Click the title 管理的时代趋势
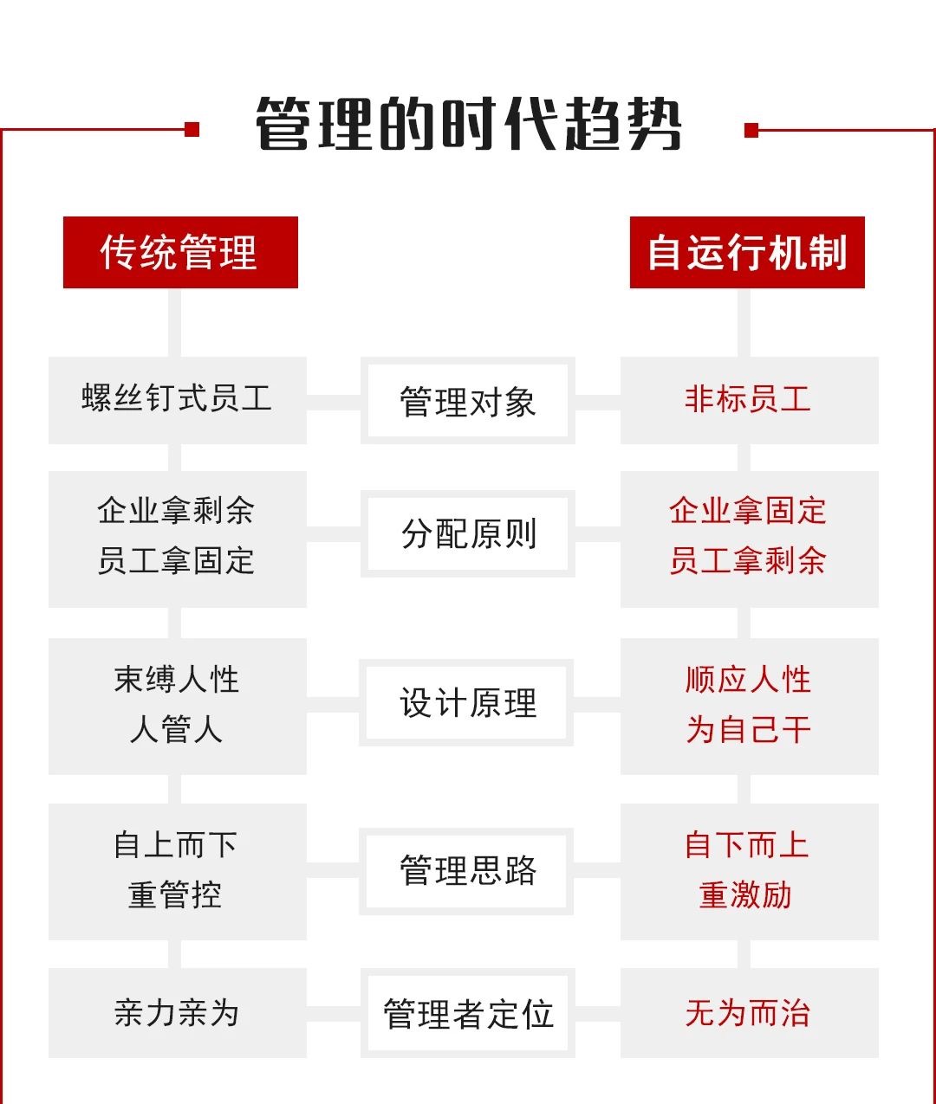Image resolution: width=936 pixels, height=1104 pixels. point(468,124)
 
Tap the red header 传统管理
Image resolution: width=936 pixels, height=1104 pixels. point(180,252)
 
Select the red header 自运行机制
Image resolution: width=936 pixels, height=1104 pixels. point(747,252)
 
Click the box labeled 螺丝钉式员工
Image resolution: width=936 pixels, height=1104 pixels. point(178,401)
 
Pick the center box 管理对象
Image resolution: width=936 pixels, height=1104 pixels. point(468,401)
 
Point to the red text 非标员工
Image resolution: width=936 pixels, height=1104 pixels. point(747,399)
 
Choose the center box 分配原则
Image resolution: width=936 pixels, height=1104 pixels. point(468,533)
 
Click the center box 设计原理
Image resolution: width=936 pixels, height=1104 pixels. point(466,702)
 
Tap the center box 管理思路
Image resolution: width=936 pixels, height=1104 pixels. point(466,871)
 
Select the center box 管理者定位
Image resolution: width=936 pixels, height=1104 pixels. point(468,1013)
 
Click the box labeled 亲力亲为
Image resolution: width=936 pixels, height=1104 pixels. point(178,1013)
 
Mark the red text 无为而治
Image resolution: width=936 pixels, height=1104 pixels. point(747,1013)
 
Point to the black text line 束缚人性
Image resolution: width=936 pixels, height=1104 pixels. point(176,680)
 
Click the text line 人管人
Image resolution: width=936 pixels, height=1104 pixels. point(176,730)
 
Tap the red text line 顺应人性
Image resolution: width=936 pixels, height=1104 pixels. point(747,680)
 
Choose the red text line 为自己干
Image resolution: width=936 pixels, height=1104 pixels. point(747,730)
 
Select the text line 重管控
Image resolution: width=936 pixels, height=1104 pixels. point(175,895)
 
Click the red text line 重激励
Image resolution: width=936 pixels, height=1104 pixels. point(745,895)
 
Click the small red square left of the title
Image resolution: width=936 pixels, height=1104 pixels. point(192,129)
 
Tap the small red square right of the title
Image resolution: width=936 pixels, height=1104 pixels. point(751,130)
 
